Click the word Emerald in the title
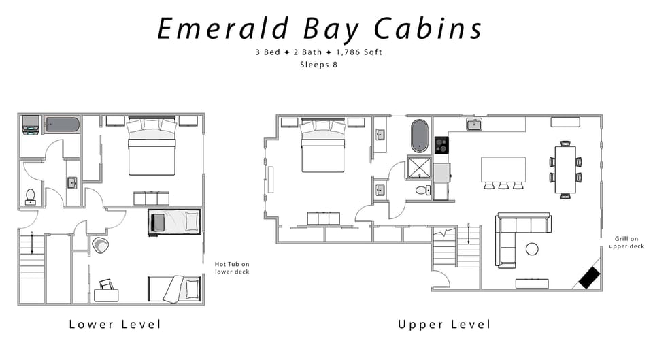[216, 29]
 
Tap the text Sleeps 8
[319, 65]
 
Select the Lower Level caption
[115, 324]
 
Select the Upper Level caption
[443, 324]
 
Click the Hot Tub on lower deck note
[232, 267]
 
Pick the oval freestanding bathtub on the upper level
[418, 135]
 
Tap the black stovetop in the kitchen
[441, 145]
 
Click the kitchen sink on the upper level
[474, 124]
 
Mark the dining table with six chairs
[565, 169]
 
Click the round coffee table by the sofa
[532, 249]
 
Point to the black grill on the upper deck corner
[589, 276]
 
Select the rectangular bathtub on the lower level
[62, 125]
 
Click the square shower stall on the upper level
[419, 167]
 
